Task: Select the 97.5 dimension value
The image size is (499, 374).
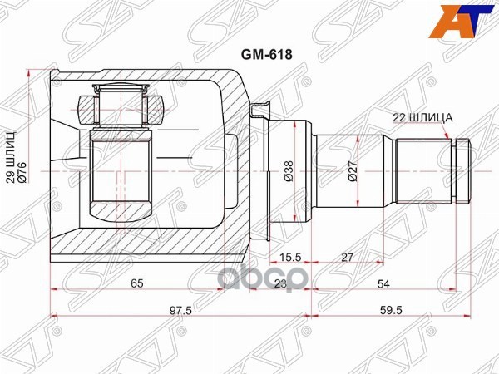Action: click(x=180, y=309)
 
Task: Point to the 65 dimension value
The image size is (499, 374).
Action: click(x=137, y=283)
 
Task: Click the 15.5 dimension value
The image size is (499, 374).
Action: click(x=291, y=258)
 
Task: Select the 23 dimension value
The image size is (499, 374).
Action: click(x=280, y=283)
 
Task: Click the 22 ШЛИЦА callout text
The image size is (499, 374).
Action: click(x=422, y=117)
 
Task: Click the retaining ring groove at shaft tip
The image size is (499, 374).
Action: click(x=454, y=171)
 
